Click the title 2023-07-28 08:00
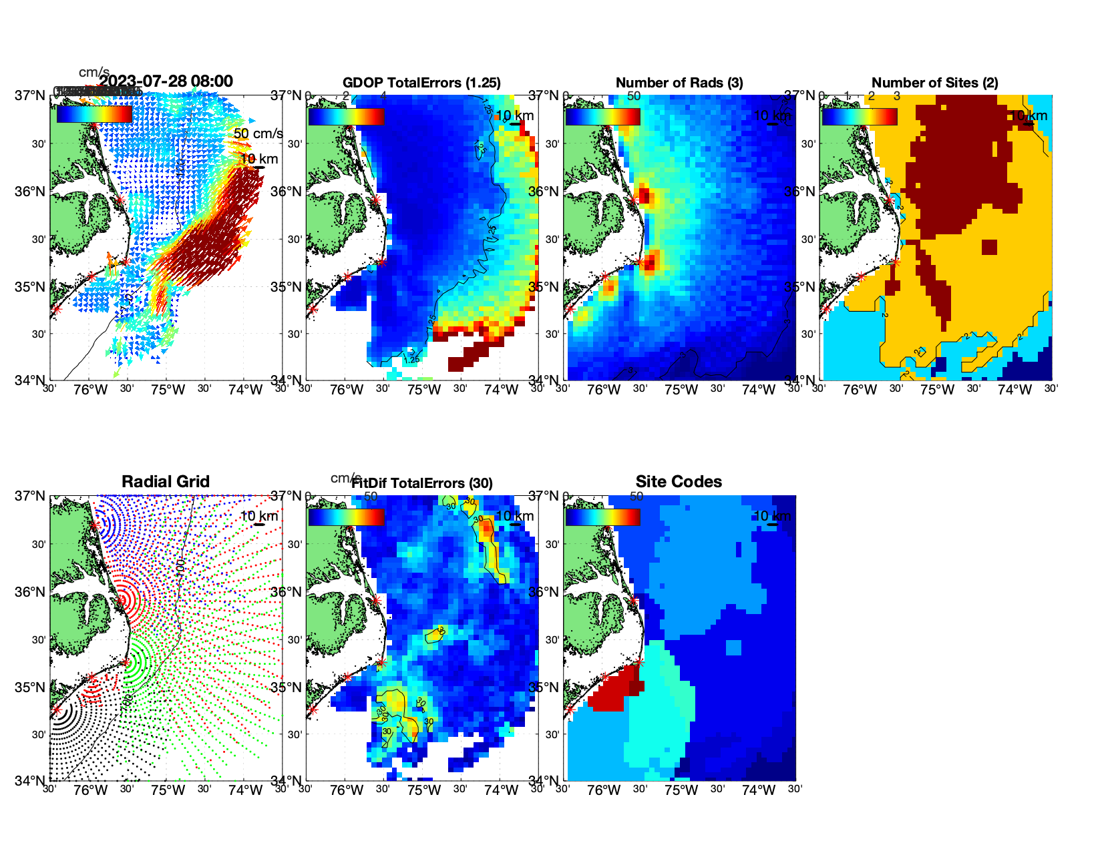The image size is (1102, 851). tap(166, 81)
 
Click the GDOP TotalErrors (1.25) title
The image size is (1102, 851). tap(421, 83)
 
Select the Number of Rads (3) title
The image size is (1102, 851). tap(679, 83)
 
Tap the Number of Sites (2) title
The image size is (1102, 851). tap(935, 83)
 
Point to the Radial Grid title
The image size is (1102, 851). tap(166, 482)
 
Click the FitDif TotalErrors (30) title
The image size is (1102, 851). tap(422, 483)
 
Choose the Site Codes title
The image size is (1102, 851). tap(679, 482)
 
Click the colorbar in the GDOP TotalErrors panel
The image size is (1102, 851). tap(346, 116)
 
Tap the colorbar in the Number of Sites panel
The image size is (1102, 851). tap(860, 116)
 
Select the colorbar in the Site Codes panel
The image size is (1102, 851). tap(602, 517)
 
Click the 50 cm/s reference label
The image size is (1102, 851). tap(258, 133)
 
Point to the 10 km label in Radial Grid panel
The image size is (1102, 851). tap(258, 516)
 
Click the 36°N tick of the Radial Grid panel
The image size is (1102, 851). tap(31, 592)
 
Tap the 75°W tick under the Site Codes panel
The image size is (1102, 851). tap(681, 790)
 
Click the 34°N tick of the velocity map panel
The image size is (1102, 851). tap(31, 380)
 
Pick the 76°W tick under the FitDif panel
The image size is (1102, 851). tap(347, 790)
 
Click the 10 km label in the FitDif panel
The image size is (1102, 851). tap(515, 516)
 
